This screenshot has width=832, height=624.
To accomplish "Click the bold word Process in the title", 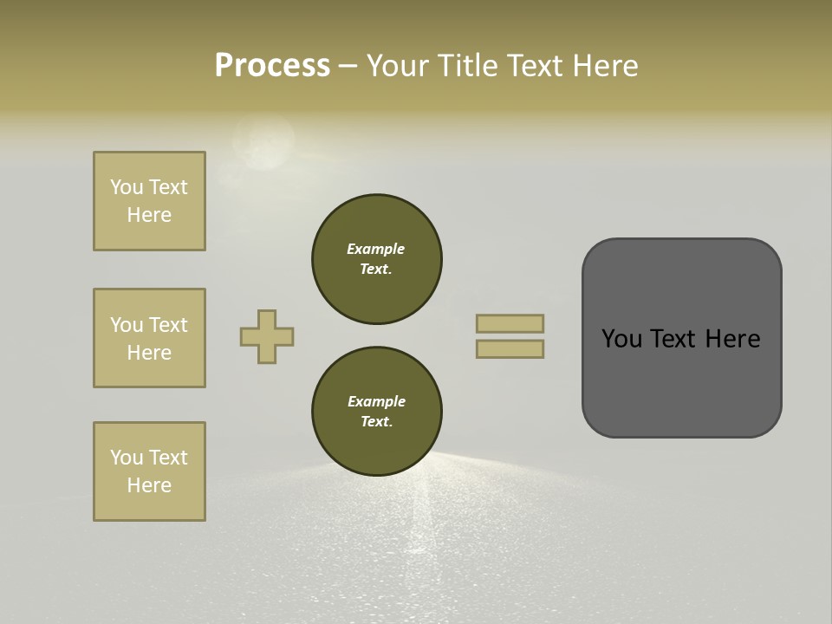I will coord(272,66).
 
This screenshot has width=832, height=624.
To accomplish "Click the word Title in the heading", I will coord(464,66).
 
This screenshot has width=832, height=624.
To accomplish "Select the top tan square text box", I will coord(149,201).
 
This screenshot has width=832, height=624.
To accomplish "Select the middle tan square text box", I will coord(149,338).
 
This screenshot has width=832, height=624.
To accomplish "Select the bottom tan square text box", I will coord(149,471).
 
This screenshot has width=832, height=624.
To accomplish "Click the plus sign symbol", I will coord(267,336).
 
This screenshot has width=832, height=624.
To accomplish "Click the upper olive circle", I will coord(377,259).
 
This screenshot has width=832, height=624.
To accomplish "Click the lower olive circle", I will coord(377,412).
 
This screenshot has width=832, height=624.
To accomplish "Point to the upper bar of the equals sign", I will coord(510,323).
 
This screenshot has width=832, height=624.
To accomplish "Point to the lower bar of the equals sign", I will coord(510,349).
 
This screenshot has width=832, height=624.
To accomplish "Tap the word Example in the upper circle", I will coord(376,249).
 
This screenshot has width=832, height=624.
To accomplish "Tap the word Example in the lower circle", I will coord(376,401).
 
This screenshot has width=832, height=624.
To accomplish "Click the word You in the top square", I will coord(126,187).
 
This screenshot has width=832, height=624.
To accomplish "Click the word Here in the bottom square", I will coord(149,485).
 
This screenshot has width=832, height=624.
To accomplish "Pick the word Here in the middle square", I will coord(149,353).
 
